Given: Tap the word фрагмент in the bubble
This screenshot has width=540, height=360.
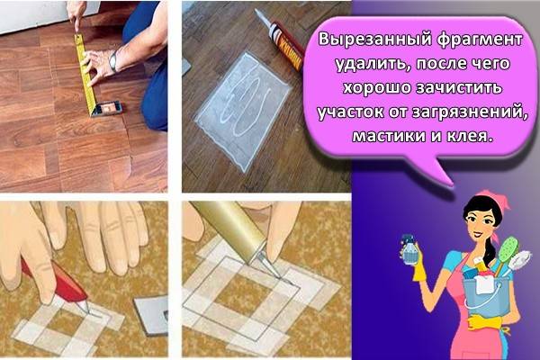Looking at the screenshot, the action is click(x=480, y=40).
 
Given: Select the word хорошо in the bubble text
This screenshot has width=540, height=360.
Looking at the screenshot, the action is click(x=377, y=88).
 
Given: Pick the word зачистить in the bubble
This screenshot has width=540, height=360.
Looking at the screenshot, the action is click(x=459, y=88).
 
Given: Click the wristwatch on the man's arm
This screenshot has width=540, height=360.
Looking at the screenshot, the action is click(x=113, y=61).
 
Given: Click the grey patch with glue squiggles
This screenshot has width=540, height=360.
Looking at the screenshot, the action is click(x=243, y=110).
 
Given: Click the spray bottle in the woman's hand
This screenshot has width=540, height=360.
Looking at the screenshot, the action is click(x=409, y=249).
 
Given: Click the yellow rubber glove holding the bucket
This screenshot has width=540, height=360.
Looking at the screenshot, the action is click(x=484, y=323).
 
